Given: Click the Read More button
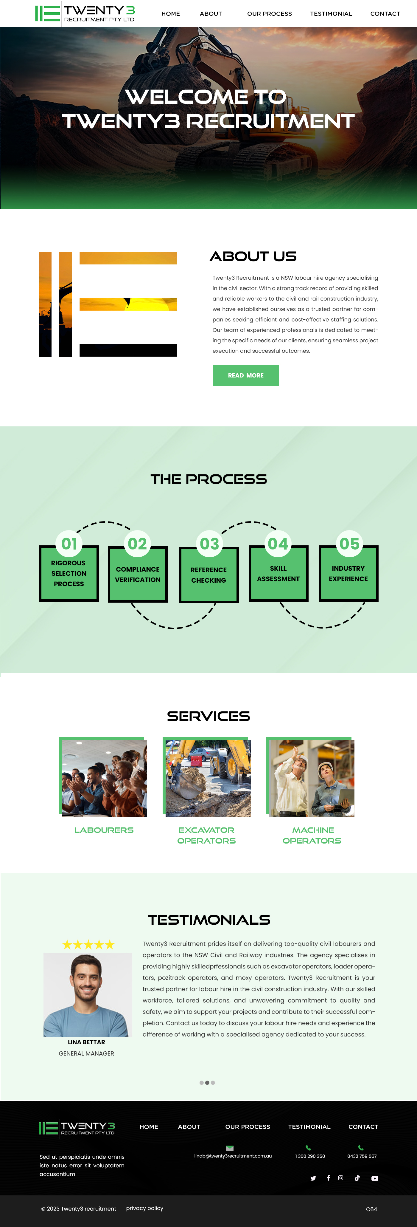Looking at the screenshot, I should pos(246,375).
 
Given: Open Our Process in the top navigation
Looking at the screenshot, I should pos(270,14).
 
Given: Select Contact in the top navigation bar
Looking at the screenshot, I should pos(385,14).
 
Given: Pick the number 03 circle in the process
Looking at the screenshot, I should pos(209,544).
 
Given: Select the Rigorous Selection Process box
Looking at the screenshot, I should pos(69,573).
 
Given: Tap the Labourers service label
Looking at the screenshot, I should pos(104,830).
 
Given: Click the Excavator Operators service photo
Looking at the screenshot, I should pos(208,778).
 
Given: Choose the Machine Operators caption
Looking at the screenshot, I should pos(312,835).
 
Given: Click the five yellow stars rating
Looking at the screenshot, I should pos(88,945).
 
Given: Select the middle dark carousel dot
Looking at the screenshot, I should pos(207,1083).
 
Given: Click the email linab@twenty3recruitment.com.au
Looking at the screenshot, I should pos(233,1156).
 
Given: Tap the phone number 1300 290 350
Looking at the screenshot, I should pos(310,1156).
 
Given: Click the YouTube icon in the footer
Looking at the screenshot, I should pos(375,1178).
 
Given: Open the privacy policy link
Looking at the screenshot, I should pos(145,1208).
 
